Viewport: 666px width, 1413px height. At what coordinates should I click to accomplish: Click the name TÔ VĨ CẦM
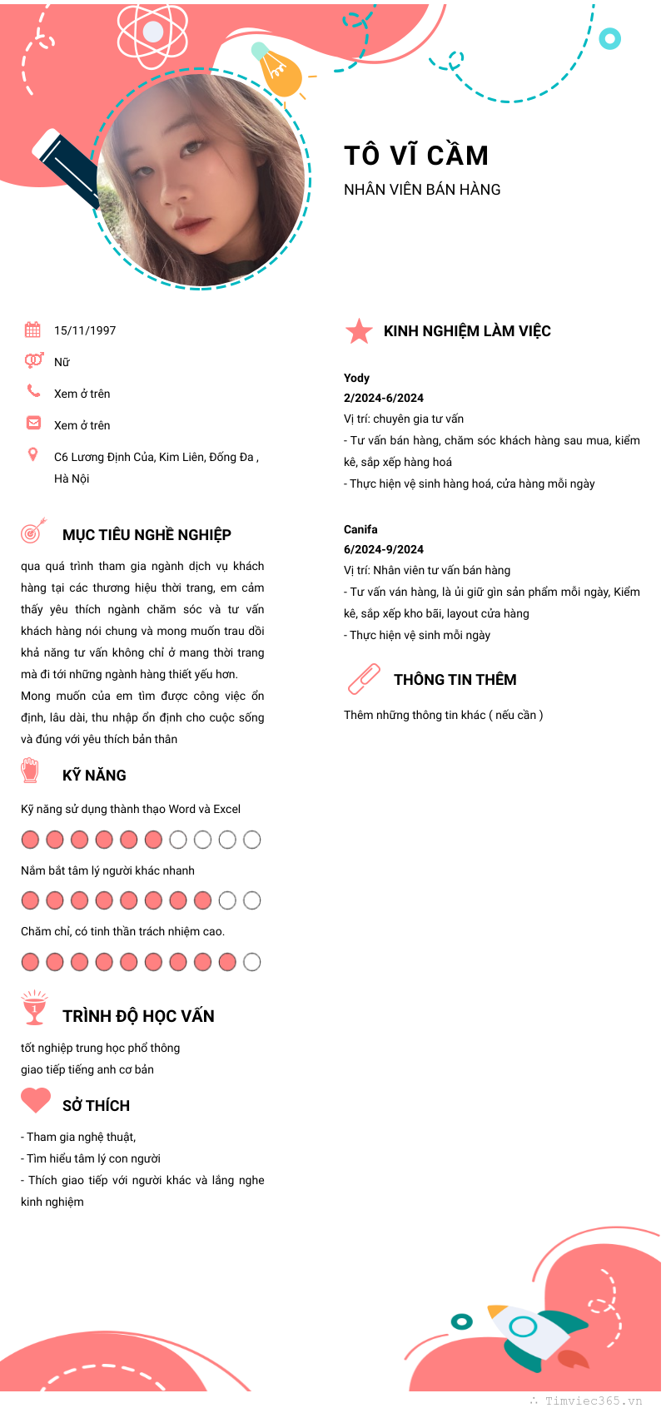(416, 156)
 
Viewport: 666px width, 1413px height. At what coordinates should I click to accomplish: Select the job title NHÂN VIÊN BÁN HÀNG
(422, 190)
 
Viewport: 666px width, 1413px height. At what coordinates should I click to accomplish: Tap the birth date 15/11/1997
(85, 330)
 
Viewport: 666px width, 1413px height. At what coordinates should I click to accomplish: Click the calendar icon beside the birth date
(32, 330)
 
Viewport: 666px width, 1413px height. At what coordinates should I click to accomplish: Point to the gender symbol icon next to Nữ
(33, 360)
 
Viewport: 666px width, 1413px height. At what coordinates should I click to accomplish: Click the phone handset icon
(33, 390)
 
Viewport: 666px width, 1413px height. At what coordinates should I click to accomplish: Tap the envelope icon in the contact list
(33, 423)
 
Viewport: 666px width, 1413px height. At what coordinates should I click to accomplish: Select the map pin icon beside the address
(33, 454)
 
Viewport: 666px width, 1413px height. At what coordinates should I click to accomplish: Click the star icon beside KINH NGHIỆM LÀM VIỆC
(359, 331)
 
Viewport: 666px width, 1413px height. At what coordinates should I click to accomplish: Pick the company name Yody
(356, 378)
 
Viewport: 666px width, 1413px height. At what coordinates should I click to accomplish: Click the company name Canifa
(360, 529)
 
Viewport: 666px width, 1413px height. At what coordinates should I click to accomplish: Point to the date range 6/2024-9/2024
(384, 549)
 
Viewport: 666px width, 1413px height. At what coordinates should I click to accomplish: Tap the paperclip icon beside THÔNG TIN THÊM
(364, 679)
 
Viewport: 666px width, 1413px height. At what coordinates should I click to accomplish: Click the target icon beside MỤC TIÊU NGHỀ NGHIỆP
(33, 531)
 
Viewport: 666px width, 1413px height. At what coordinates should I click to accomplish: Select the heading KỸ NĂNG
(94, 776)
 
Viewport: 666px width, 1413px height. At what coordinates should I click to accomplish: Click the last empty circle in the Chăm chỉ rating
(251, 962)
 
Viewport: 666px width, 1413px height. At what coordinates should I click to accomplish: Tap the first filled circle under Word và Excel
(30, 840)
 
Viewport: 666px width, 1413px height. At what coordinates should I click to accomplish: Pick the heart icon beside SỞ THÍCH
(36, 1100)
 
